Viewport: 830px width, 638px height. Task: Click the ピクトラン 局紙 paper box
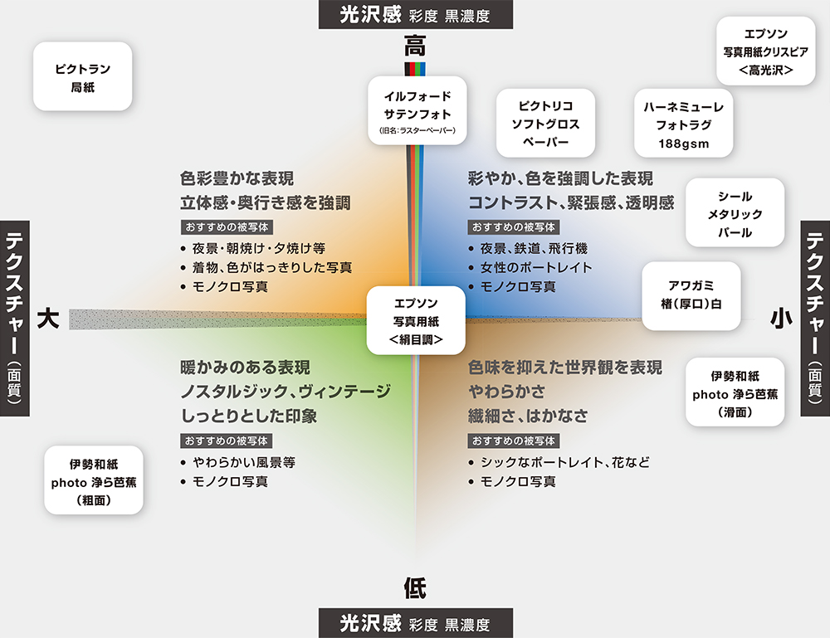[x=82, y=76]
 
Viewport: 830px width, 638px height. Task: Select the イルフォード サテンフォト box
[x=417, y=109]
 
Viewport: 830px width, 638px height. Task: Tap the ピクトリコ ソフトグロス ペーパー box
[x=545, y=124]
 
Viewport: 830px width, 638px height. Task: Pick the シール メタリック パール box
[x=735, y=213]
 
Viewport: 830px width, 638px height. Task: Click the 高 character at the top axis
[x=415, y=43]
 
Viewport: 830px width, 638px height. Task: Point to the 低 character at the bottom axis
[x=415, y=589]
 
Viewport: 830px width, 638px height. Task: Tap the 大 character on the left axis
[x=47, y=319]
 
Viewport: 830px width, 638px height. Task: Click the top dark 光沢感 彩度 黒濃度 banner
[x=415, y=14]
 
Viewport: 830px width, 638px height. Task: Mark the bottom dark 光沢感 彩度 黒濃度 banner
[x=415, y=623]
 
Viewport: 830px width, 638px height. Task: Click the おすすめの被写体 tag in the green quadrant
[x=227, y=441]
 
